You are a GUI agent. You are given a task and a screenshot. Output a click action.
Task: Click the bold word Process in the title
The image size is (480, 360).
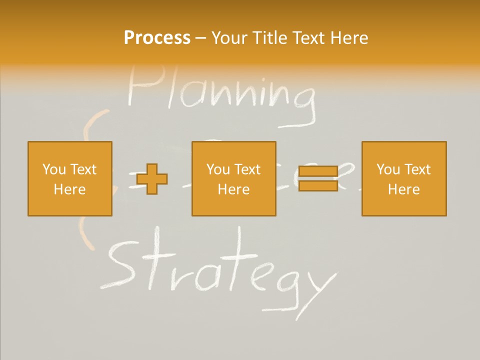[157, 38]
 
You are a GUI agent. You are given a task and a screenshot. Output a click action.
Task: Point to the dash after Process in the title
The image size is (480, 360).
[201, 38]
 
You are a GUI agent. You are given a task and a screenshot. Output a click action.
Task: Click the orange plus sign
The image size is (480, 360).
[152, 178]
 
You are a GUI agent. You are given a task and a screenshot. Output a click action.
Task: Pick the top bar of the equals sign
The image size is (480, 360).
[318, 172]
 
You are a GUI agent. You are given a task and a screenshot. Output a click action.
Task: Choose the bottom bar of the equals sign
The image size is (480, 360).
[318, 185]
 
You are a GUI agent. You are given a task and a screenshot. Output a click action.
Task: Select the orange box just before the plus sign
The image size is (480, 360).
[69, 178]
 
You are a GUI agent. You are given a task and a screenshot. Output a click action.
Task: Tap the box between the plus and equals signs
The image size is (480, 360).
[233, 178]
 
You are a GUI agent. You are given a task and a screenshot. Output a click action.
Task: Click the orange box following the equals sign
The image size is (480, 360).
[403, 178]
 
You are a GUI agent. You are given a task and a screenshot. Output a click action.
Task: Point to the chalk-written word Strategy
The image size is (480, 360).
[220, 270]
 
